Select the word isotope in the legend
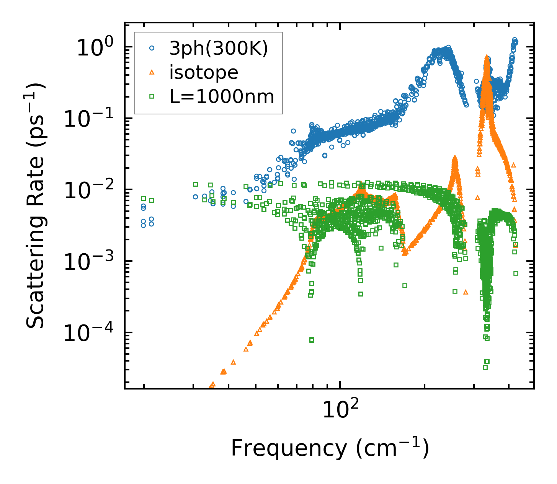pyautogui.click(x=204, y=72)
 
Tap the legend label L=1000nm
pyautogui.click(x=222, y=97)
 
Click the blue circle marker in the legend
pyautogui.click(x=152, y=48)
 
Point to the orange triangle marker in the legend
pyautogui.click(x=152, y=72)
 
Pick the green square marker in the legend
pyautogui.click(x=152, y=96)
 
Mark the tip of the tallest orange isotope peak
pyautogui.click(x=487, y=57)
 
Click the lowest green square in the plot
pyautogui.click(x=485, y=367)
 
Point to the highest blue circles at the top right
pyautogui.click(x=515, y=40)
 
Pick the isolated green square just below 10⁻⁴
pyautogui.click(x=312, y=340)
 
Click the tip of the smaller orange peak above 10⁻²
pyautogui.click(x=455, y=157)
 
